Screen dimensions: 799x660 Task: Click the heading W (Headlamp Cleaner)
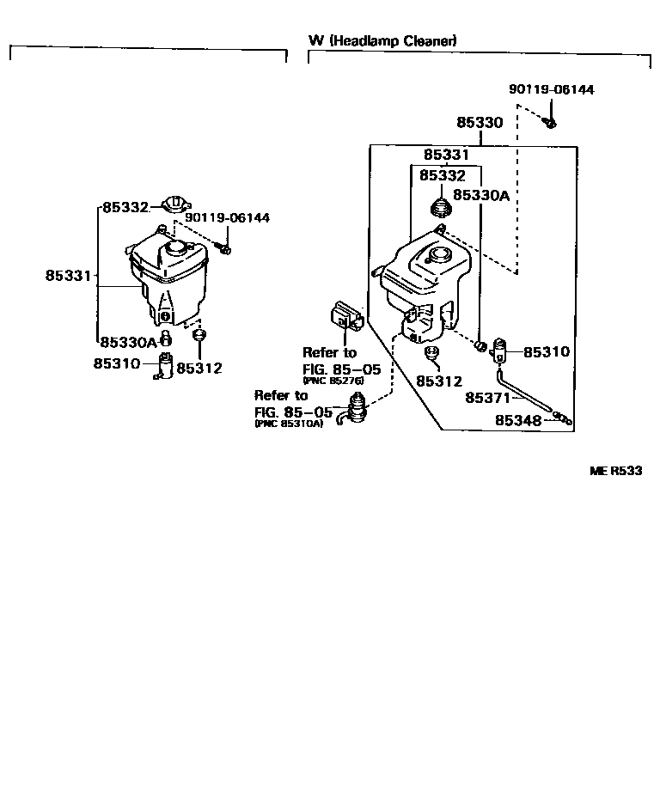382,40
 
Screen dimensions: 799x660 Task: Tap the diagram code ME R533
616,470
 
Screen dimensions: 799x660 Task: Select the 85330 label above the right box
480,123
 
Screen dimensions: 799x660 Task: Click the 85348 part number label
519,421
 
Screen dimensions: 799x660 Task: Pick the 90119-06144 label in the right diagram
551,89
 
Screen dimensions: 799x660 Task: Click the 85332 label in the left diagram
126,207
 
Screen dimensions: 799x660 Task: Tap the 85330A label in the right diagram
481,195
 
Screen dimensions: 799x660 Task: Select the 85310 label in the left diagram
116,363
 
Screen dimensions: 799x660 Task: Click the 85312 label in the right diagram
439,381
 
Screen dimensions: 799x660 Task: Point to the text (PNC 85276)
334,380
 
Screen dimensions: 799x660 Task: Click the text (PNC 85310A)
289,424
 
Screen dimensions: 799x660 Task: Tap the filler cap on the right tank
440,254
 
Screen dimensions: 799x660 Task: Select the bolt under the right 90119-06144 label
551,122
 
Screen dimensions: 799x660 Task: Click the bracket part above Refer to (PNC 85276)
345,316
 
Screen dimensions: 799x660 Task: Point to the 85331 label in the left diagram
68,276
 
